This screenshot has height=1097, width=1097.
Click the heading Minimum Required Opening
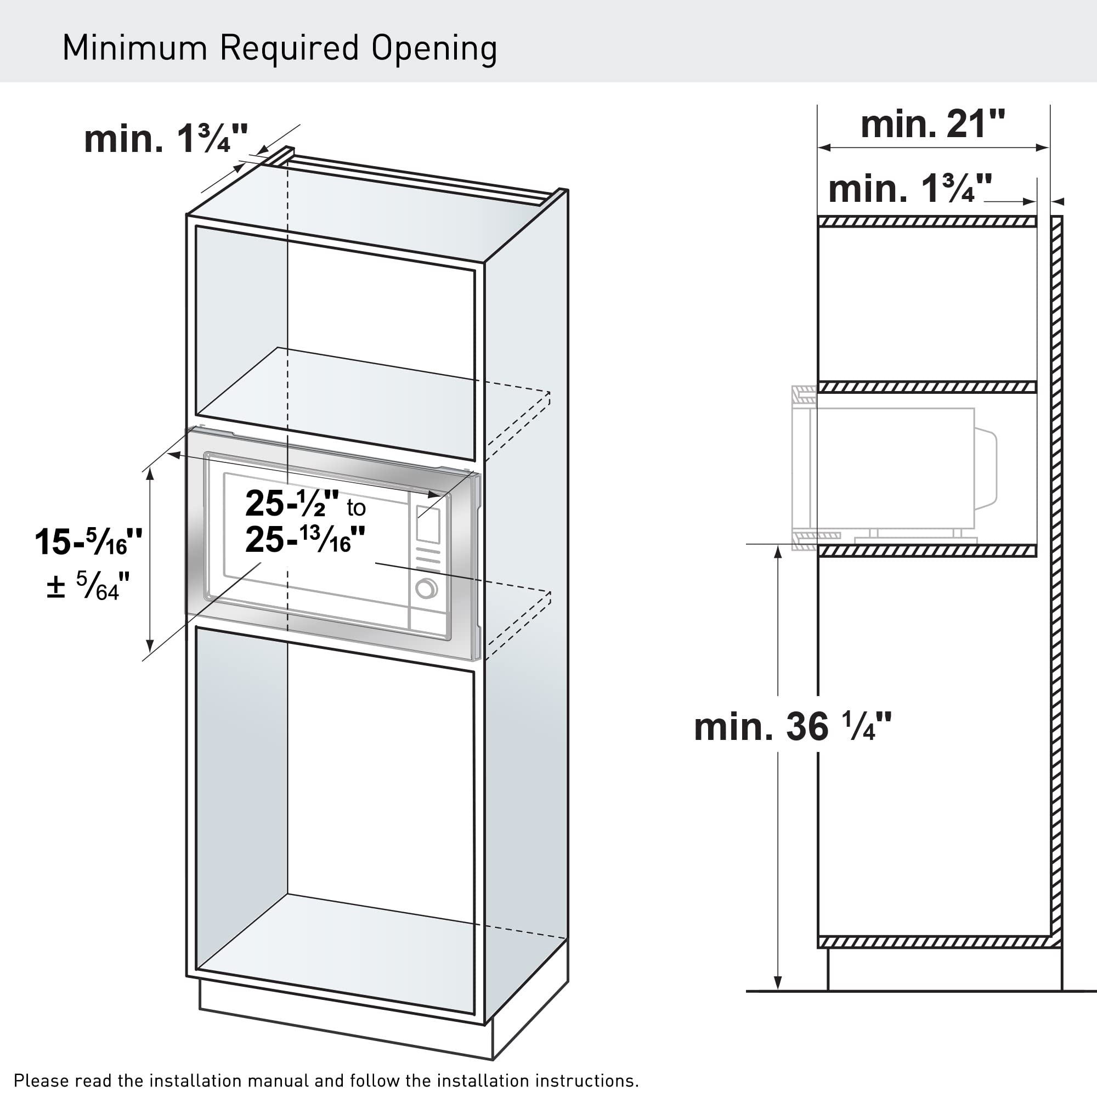click(x=279, y=49)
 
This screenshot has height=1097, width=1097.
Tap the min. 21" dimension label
click(x=932, y=125)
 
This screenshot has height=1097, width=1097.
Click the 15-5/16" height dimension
click(x=88, y=542)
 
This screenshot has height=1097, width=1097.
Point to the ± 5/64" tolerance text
click(x=88, y=585)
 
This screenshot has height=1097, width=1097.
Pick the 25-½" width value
click(x=292, y=503)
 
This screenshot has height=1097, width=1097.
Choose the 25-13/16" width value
click(x=305, y=539)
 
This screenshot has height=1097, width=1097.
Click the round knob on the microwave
click(x=426, y=588)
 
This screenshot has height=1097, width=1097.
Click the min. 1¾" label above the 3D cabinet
click(x=166, y=139)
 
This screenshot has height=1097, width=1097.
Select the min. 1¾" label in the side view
click(x=910, y=189)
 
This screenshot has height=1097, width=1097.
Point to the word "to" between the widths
click(x=357, y=507)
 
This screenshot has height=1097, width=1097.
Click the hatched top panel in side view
click(x=927, y=222)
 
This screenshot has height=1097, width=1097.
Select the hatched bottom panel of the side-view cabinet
click(x=940, y=942)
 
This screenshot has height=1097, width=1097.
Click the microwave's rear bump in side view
click(x=986, y=469)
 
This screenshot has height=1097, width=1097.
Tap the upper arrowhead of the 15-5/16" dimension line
click(x=150, y=476)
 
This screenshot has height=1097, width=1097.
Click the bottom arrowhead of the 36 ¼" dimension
click(x=778, y=983)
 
